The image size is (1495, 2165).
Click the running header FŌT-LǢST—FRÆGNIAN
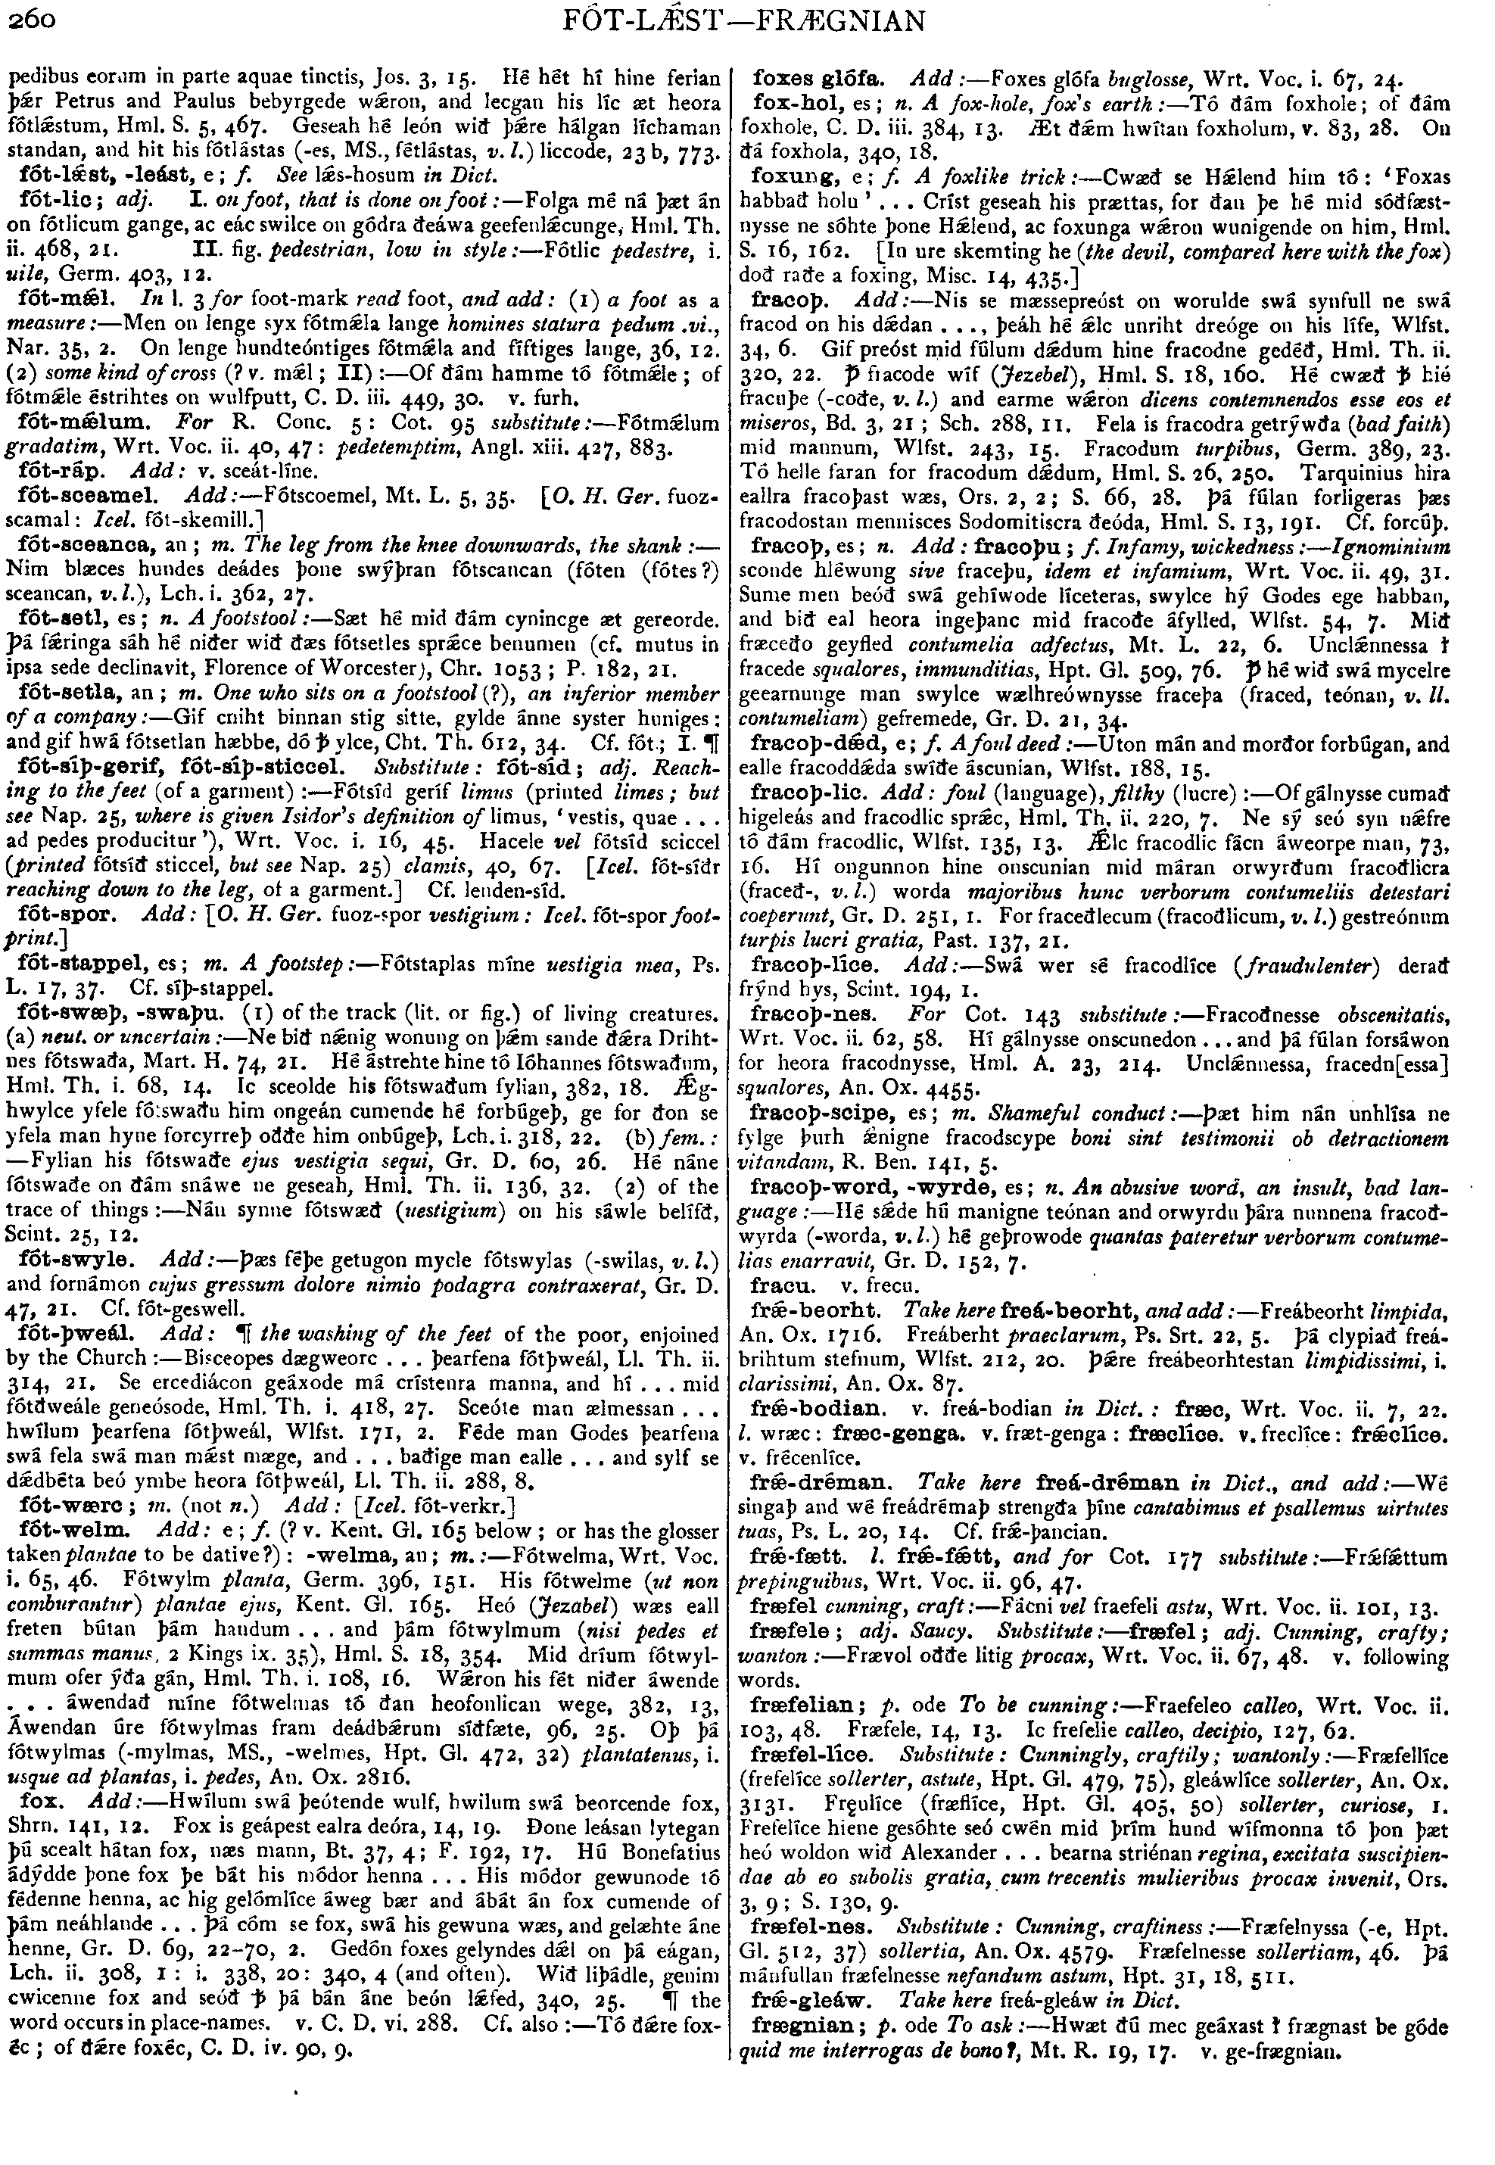(x=748, y=20)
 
